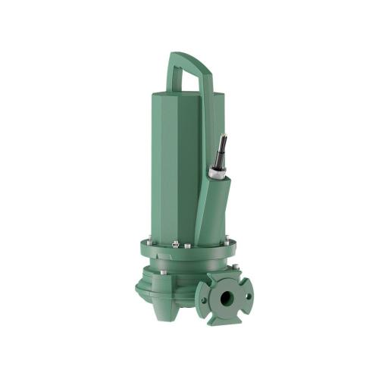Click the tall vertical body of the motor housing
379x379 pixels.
[174, 167]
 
